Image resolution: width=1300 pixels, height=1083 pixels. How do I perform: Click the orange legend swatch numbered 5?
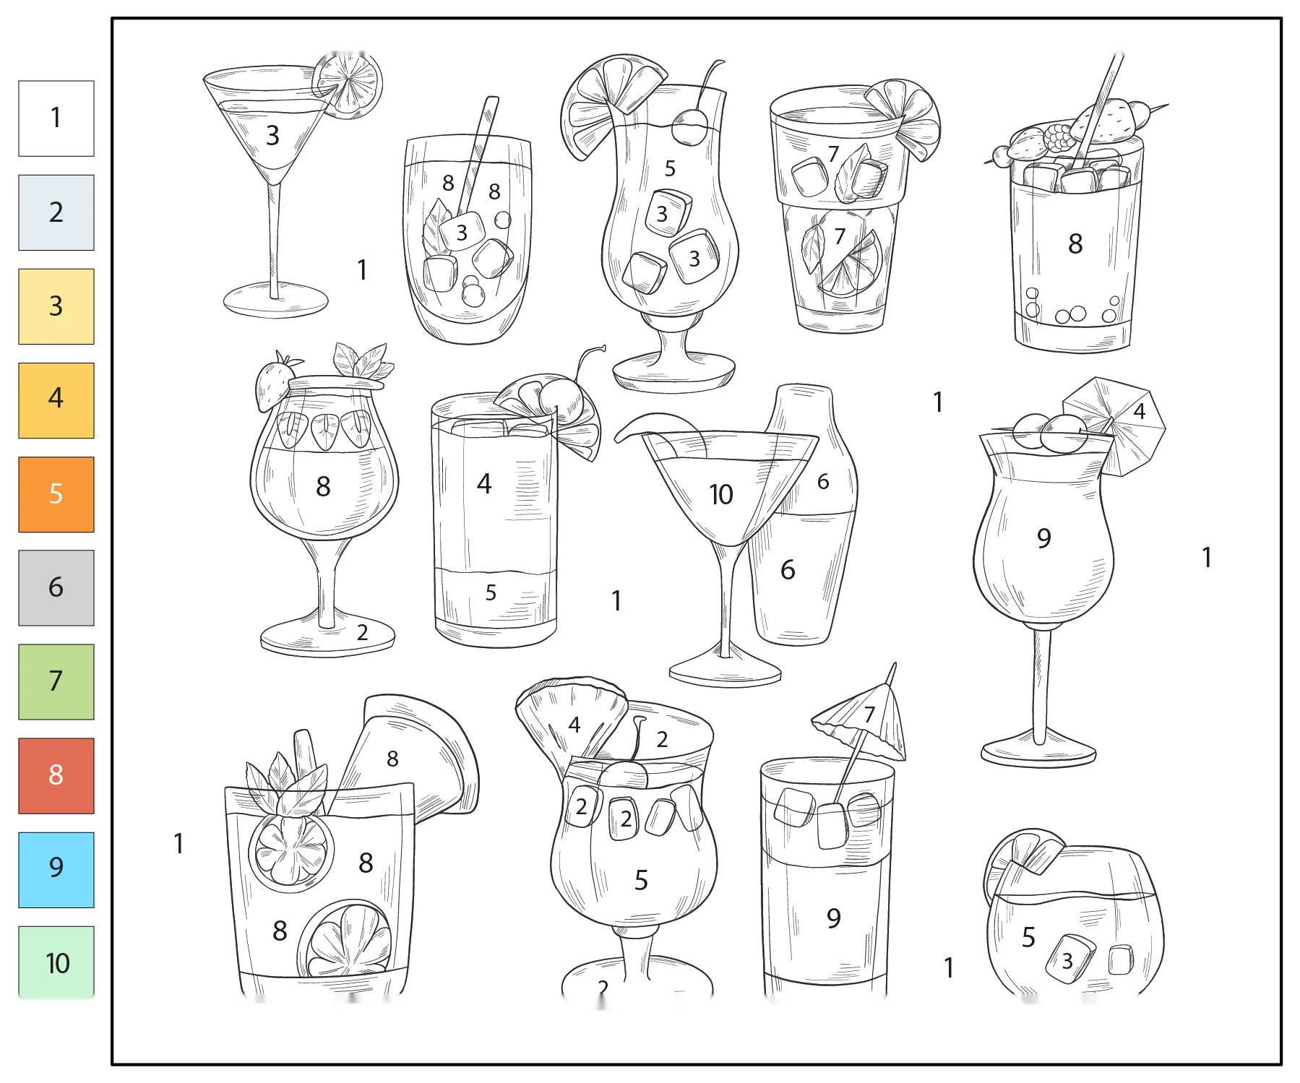click(56, 494)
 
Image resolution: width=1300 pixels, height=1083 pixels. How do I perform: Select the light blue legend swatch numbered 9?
click(56, 870)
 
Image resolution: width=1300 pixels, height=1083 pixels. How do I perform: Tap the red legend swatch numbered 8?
click(56, 776)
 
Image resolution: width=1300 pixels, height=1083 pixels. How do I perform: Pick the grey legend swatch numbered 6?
click(56, 588)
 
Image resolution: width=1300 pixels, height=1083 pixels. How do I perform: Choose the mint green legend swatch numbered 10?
click(56, 962)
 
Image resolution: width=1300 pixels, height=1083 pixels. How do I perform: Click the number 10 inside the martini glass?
click(721, 495)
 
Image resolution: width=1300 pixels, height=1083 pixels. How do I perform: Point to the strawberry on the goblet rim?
click(272, 383)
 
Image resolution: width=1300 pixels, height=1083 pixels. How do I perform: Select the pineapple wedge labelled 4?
click(571, 722)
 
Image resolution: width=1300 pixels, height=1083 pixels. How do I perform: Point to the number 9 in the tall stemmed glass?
click(1043, 538)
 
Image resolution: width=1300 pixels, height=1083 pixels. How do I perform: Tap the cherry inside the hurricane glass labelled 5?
click(690, 126)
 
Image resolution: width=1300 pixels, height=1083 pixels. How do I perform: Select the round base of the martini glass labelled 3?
click(276, 300)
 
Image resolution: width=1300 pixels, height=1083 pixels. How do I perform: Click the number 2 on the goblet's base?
click(363, 633)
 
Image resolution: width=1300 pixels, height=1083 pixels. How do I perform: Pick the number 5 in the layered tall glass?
click(491, 593)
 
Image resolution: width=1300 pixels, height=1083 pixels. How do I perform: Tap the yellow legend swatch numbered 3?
click(56, 306)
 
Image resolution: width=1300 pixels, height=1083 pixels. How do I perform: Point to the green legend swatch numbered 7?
click(56, 682)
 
